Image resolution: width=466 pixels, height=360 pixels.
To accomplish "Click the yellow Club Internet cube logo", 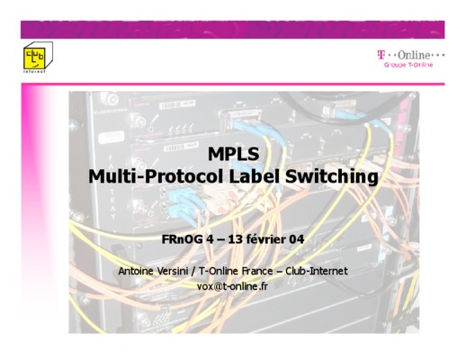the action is [x=38, y=56].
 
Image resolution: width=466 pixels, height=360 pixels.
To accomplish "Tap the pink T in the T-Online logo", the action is [x=381, y=55].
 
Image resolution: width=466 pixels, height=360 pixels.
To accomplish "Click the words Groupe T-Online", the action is [x=408, y=65].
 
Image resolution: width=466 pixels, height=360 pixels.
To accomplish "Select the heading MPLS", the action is [x=233, y=154].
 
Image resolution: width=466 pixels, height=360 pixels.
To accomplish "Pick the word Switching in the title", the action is [x=332, y=177].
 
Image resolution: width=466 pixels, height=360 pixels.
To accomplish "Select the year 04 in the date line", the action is [x=297, y=239].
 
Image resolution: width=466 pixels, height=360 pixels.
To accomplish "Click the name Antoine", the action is [x=137, y=271].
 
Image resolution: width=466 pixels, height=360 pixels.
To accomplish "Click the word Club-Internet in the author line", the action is [x=317, y=271].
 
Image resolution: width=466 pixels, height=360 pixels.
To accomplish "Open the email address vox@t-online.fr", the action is [x=232, y=286].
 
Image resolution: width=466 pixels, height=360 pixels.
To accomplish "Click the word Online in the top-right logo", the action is [x=414, y=55].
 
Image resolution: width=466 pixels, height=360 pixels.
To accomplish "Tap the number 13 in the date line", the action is [x=236, y=239].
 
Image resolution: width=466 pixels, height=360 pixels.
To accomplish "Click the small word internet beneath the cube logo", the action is [x=34, y=71].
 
